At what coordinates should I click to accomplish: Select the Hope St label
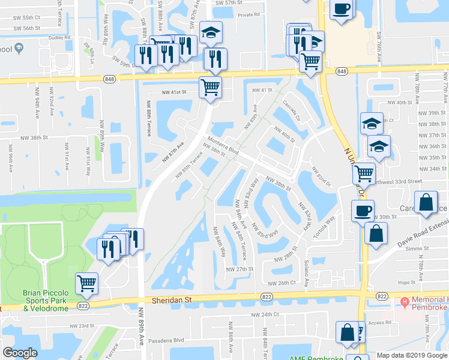click(406, 281)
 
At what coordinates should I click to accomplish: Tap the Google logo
click(20, 353)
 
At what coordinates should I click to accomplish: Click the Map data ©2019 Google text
click(411, 355)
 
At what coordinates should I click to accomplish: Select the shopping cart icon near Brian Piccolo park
click(87, 283)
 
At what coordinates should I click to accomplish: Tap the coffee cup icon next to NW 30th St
click(363, 211)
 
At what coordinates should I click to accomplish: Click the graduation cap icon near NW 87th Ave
click(211, 34)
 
